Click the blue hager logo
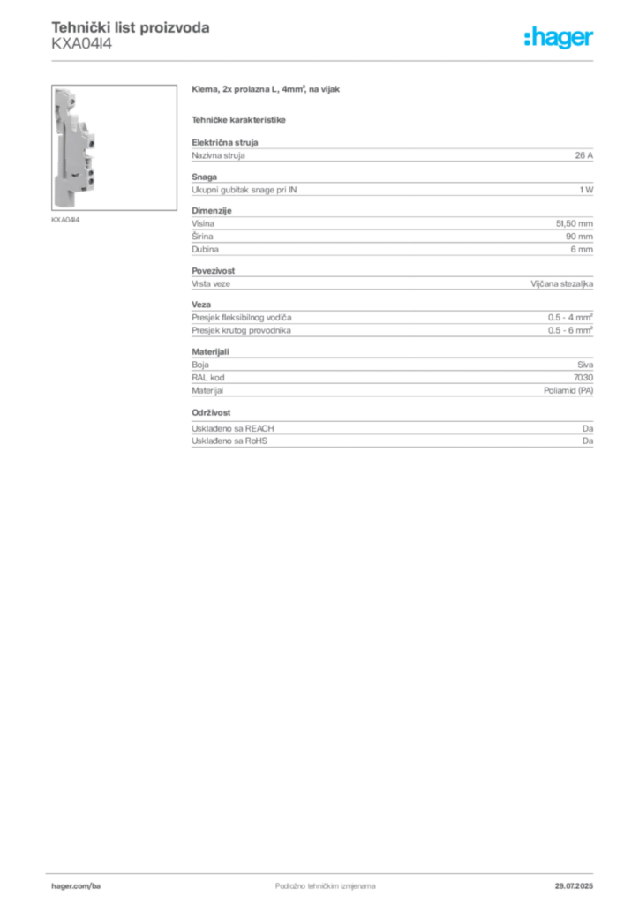click(x=560, y=38)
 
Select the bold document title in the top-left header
click(x=131, y=29)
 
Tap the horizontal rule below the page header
click(x=324, y=60)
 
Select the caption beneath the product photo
click(x=67, y=219)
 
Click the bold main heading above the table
click(x=267, y=92)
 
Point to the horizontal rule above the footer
click(x=324, y=870)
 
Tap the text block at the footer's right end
click(x=578, y=881)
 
